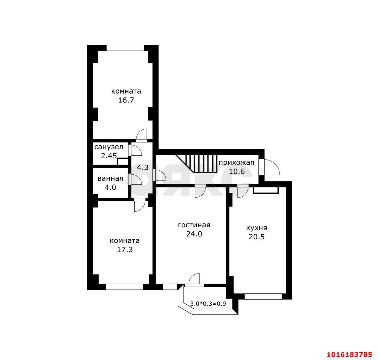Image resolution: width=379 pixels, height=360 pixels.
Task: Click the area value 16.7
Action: [x=126, y=100]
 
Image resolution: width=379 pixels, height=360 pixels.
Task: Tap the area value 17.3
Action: [x=125, y=250]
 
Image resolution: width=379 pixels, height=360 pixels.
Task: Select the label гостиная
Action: [x=194, y=225]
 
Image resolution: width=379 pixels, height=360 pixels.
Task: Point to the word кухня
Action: [x=257, y=228]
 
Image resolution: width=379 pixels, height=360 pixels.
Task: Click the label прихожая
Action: [x=236, y=163]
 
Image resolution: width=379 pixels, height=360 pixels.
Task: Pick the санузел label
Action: [x=109, y=147]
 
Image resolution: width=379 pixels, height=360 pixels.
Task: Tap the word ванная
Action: [x=110, y=179]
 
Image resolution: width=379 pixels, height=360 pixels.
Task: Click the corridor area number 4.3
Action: [x=143, y=167]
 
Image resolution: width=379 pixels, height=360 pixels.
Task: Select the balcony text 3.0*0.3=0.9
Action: [x=208, y=304]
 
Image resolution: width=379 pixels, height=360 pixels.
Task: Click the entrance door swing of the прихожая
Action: [x=272, y=167]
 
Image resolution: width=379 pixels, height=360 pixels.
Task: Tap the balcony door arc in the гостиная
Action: [x=194, y=279]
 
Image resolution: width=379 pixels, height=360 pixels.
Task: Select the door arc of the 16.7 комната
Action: [x=141, y=134]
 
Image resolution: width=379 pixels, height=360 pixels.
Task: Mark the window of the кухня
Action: [x=263, y=296]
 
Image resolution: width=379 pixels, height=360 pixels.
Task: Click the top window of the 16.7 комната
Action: [x=125, y=48]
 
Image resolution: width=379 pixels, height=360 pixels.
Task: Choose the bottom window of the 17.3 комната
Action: [x=125, y=287]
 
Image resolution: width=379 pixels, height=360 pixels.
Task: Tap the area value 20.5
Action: [x=257, y=237]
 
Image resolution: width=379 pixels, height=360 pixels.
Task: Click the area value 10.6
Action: [x=237, y=171]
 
